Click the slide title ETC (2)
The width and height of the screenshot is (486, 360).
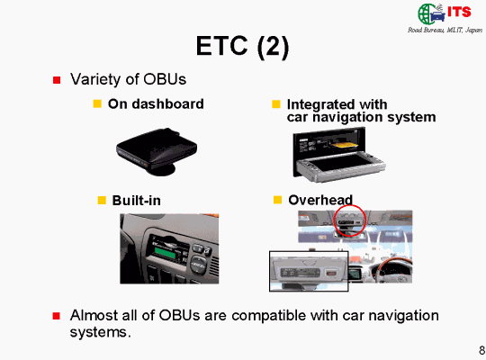242,47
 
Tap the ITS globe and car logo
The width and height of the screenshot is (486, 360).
445,13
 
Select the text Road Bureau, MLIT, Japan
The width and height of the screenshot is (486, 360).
445,30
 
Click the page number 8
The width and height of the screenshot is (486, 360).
482,350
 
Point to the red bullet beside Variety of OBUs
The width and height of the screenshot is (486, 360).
57,80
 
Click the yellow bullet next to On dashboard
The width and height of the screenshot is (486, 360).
97,103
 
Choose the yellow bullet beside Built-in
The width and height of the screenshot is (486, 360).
102,200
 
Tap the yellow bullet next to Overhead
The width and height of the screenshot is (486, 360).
277,200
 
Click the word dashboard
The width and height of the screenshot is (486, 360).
167,103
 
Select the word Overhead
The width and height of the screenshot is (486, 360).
320,200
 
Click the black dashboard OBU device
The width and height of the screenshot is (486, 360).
157,151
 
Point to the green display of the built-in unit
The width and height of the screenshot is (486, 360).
165,253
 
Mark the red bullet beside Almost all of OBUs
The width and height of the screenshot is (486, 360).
57,316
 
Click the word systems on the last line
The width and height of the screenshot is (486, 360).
99,332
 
